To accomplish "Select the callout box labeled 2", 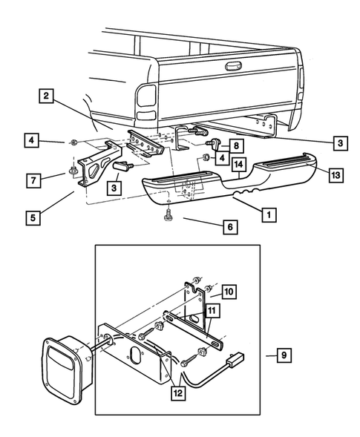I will coord(46,96).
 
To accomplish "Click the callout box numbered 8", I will coord(235,146).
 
